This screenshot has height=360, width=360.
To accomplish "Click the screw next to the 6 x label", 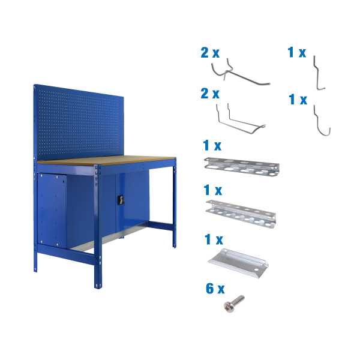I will pyautogui.click(x=233, y=305).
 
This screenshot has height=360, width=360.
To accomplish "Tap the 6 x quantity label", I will pyautogui.click(x=215, y=289).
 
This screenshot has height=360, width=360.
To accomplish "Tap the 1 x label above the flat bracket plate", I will pyautogui.click(x=214, y=239).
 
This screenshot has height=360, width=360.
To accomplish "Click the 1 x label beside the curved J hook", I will pyautogui.click(x=298, y=100).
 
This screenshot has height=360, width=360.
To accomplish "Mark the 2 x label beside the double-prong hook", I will pyautogui.click(x=210, y=94).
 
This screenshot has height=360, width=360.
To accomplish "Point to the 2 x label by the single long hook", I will pyautogui.click(x=210, y=53).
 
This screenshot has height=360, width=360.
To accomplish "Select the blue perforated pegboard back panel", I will pyautogui.click(x=78, y=123).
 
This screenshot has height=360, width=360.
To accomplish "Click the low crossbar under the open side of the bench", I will pyautogui.click(x=161, y=226).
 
